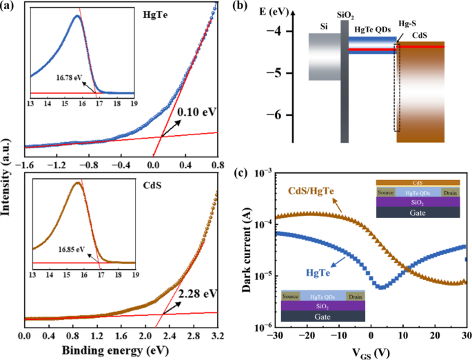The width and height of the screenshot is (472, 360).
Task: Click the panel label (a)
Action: click(x=10, y=8)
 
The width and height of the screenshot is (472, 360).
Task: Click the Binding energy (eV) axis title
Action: click(x=121, y=352)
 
